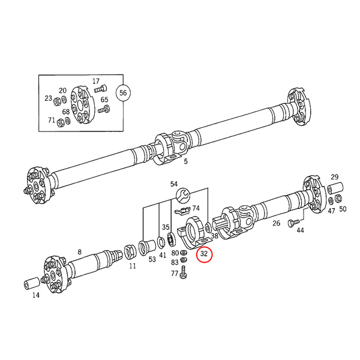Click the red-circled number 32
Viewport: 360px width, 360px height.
(204, 254)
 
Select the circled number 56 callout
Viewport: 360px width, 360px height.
(123, 92)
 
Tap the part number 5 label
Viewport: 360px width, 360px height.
(185, 161)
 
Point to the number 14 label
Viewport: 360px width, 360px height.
(35, 295)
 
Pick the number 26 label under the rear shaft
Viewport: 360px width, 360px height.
(276, 223)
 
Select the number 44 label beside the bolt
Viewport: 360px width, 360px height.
(300, 230)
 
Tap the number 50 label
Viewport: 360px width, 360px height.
(343, 209)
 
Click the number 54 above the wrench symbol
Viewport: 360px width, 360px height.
(174, 184)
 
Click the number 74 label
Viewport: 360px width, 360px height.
(196, 208)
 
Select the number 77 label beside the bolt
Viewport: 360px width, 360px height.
(175, 273)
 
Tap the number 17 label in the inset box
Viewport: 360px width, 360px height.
(96, 81)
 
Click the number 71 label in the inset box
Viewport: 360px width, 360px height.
(52, 121)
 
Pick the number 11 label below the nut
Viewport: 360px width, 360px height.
(132, 265)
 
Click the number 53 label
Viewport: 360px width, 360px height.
(152, 259)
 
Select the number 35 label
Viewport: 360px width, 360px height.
(166, 227)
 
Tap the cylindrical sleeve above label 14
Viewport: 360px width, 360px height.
(31, 282)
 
